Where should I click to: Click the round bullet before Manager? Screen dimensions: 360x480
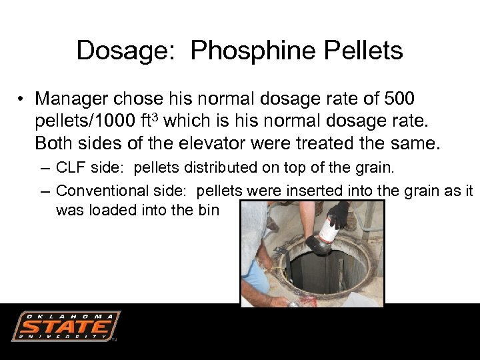coord(22,100)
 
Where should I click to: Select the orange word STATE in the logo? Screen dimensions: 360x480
coord(65,327)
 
